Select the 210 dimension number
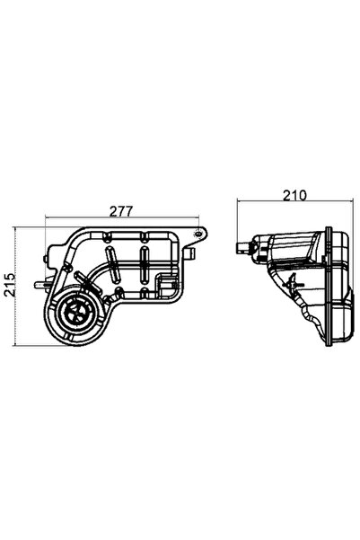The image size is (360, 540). [x=295, y=193]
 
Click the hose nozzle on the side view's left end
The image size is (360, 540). [x=241, y=246]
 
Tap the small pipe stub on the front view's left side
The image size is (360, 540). [x=39, y=286]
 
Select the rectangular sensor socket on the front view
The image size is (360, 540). [x=165, y=288]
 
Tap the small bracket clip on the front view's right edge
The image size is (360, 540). [x=189, y=255]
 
